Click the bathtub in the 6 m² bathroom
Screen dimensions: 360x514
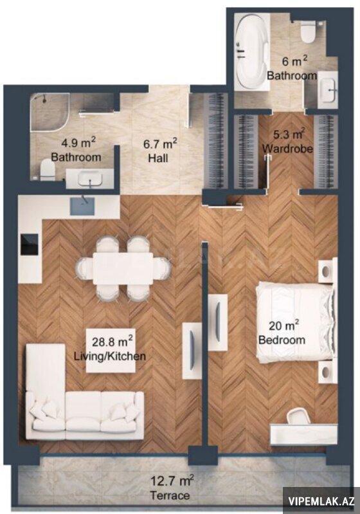click(251, 52)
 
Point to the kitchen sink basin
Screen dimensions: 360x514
click(83, 205)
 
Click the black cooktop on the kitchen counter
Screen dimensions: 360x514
click(30, 244)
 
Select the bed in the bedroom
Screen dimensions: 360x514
click(296, 322)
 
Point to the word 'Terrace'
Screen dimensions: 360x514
click(169, 495)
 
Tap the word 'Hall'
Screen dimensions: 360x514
click(158, 158)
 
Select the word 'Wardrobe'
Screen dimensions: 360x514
click(287, 149)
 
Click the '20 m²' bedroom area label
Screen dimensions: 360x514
click(283, 326)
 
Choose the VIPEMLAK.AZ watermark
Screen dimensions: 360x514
click(321, 501)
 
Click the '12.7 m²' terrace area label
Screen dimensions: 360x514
click(172, 481)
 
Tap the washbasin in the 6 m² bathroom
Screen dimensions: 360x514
click(328, 90)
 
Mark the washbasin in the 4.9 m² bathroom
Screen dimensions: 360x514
click(90, 179)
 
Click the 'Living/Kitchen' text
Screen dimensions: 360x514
click(110, 356)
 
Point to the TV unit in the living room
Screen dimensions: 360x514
click(192, 351)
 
